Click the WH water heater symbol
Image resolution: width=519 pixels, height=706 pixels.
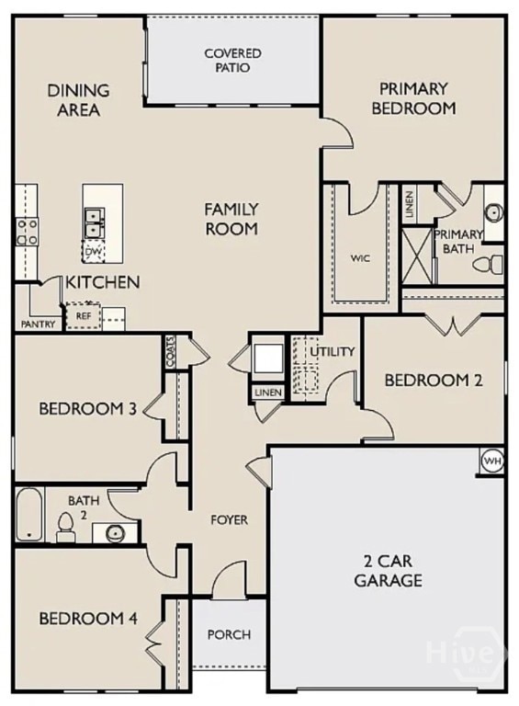coord(491,461)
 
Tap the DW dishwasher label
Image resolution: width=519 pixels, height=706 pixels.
coord(93,251)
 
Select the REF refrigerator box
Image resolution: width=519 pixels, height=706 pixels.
coord(84,316)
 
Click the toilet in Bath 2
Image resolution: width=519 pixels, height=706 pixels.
coord(65,527)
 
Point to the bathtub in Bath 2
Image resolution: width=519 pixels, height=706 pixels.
coord(29,514)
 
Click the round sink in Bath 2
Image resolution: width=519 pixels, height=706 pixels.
coord(114,533)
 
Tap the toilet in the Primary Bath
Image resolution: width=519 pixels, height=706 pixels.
coord(488,265)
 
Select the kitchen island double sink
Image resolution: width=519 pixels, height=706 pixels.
coord(94,223)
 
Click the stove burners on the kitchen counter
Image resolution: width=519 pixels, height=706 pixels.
coord(27,232)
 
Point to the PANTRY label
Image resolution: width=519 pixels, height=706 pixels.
coord(39,324)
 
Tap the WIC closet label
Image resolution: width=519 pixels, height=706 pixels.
coord(360,258)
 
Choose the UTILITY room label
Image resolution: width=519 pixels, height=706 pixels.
coord(333,351)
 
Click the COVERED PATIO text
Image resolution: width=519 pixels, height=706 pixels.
coord(232,61)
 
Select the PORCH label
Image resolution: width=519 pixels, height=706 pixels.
coord(230,635)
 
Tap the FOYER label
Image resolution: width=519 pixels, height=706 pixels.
coord(230,520)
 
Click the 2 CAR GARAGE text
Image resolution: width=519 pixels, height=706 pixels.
coord(389,571)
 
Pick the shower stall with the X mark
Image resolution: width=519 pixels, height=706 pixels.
coord(417,256)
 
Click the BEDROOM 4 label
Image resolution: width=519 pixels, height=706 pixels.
coord(88,618)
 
